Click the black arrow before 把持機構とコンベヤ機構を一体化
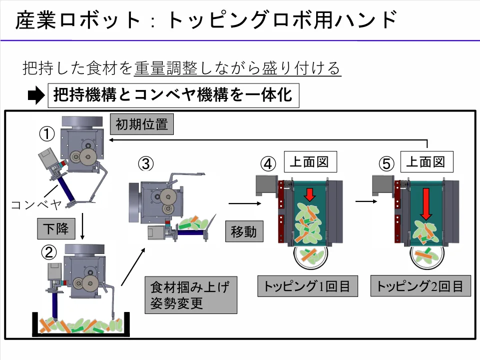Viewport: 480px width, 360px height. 35,95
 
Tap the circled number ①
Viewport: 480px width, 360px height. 47,134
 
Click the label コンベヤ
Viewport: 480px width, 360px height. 35,204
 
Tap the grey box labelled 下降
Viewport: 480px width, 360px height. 55,229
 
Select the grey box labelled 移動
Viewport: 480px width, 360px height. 244,231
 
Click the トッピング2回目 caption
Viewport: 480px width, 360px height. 421,286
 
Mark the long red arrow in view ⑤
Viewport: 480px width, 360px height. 426,203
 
